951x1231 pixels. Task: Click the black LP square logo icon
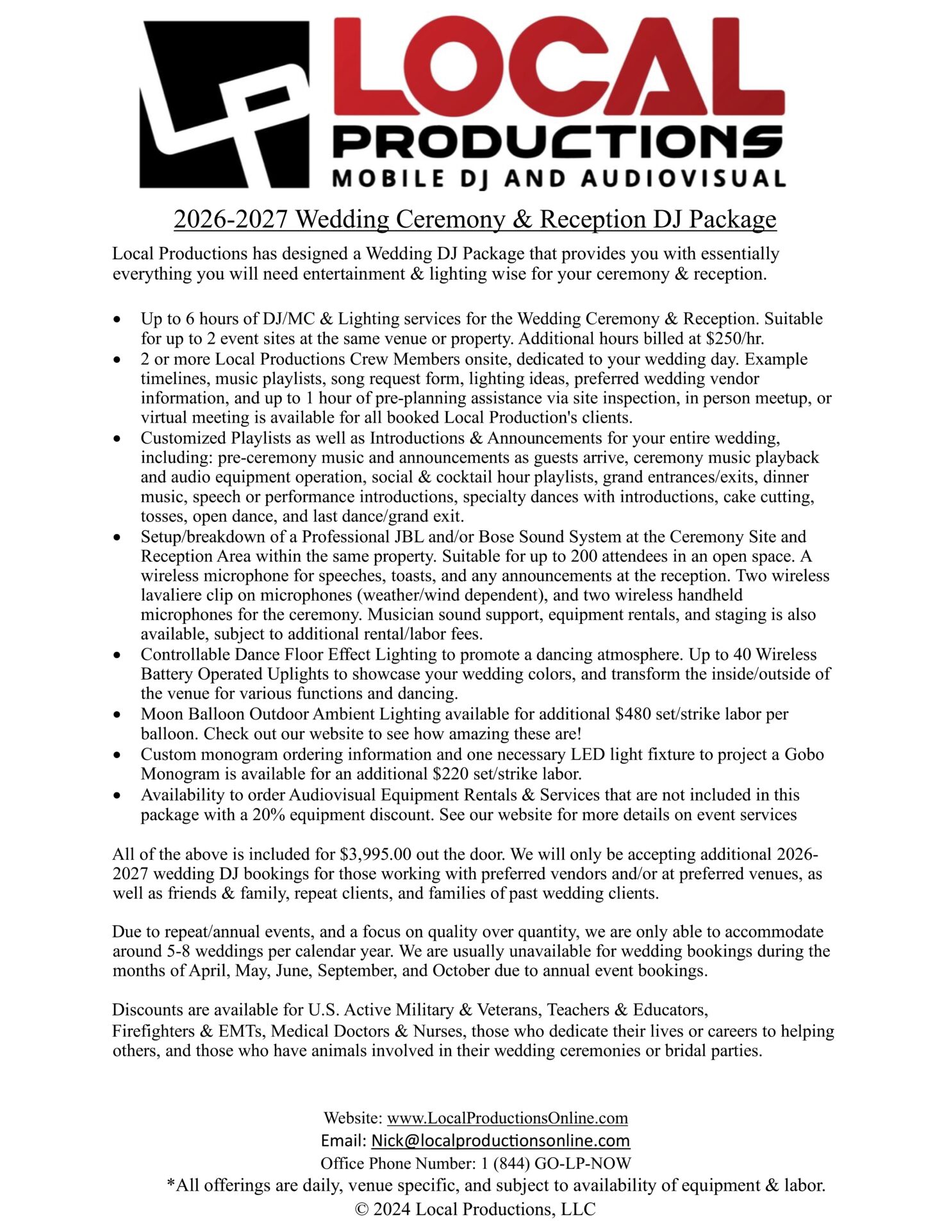click(x=224, y=104)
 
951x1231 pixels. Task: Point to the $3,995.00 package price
click(x=376, y=854)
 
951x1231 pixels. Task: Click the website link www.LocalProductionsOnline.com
click(x=507, y=1118)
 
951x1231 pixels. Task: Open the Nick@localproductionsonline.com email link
click(x=500, y=1140)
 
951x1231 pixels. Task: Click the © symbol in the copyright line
click(x=362, y=1209)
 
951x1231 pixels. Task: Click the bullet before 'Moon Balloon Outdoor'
click(x=117, y=714)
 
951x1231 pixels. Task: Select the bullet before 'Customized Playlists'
click(x=117, y=439)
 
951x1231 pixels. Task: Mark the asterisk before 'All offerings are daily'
click(x=171, y=1183)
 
